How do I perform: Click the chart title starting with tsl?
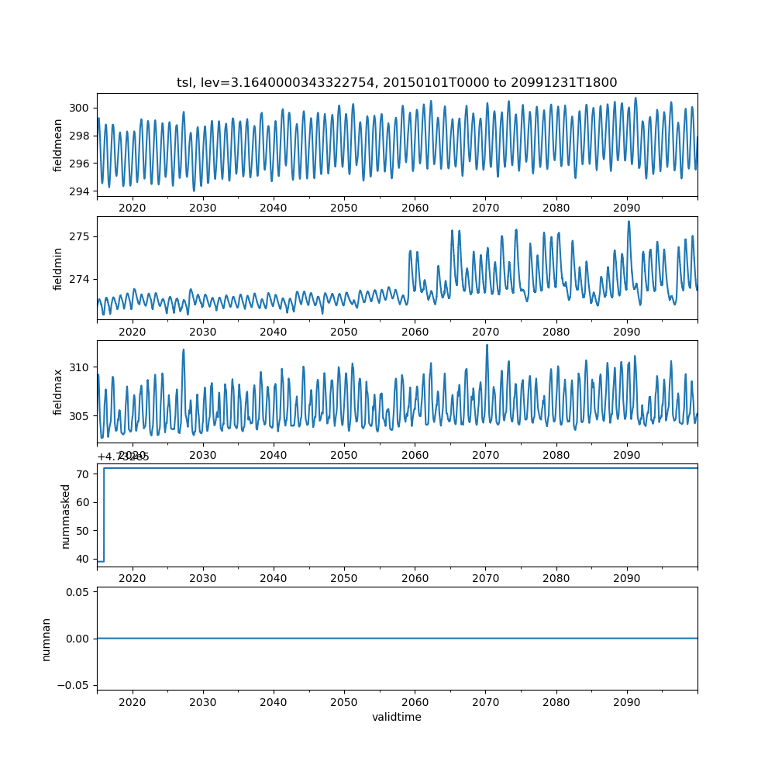[x=397, y=82]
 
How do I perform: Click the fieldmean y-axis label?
[x=58, y=145]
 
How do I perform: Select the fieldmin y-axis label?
[x=58, y=268]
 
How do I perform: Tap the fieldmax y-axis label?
[x=58, y=391]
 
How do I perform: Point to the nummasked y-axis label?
[x=66, y=515]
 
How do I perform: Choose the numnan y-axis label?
[x=46, y=639]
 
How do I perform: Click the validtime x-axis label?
[x=397, y=717]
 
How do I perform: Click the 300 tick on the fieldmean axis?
[x=81, y=108]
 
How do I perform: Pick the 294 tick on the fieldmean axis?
[x=81, y=191]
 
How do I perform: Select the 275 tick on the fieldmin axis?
[x=81, y=236]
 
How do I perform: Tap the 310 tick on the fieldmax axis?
[x=81, y=367]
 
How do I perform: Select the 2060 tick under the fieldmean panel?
[x=415, y=208]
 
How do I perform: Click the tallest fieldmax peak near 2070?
[x=487, y=346]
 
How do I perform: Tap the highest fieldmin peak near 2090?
[x=629, y=222]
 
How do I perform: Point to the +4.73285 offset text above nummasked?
[x=123, y=456]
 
